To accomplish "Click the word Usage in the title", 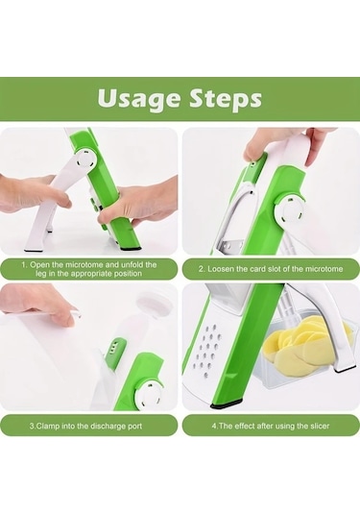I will pyautogui.click(x=141, y=98).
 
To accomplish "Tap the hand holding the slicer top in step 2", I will pyautogui.click(x=274, y=144).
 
